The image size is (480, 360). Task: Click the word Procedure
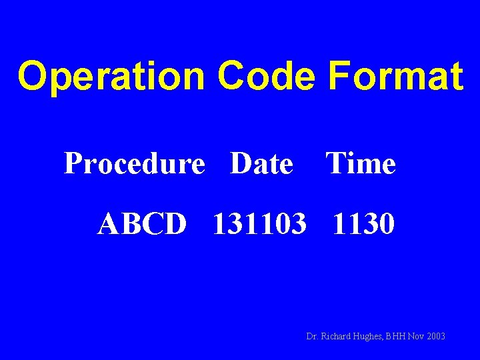coord(134,164)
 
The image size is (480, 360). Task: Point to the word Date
coord(261,163)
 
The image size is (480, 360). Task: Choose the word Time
coord(361,163)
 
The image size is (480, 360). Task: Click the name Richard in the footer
coord(336,337)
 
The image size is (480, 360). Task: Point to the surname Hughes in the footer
coord(369,337)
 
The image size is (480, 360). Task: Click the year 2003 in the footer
coord(435,337)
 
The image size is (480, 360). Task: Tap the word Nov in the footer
coord(417,337)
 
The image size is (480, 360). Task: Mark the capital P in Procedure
coord(72,163)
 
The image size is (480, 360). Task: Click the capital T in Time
coord(335,163)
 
